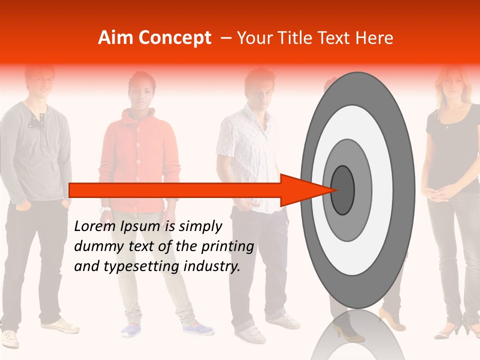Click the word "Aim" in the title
pos(115,38)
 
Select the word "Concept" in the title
pos(174,38)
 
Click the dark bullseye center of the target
pos(342,189)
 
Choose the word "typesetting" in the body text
pos(134,266)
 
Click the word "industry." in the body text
pos(212,266)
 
